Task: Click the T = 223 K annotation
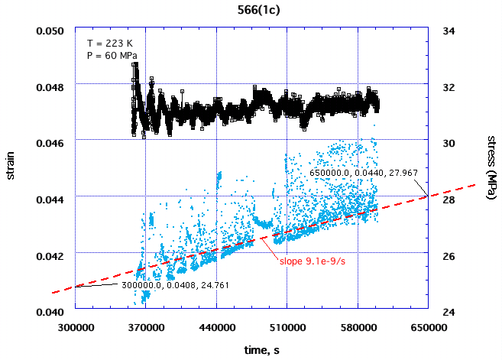tap(107, 42)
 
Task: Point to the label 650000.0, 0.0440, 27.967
tap(364, 174)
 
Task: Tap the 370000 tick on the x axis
tap(146, 325)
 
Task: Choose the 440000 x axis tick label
tap(217, 325)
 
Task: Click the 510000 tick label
tap(287, 325)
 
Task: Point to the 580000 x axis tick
tap(358, 325)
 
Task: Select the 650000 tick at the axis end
tap(428, 325)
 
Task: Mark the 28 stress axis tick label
tap(449, 199)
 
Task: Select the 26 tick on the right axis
tap(449, 255)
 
